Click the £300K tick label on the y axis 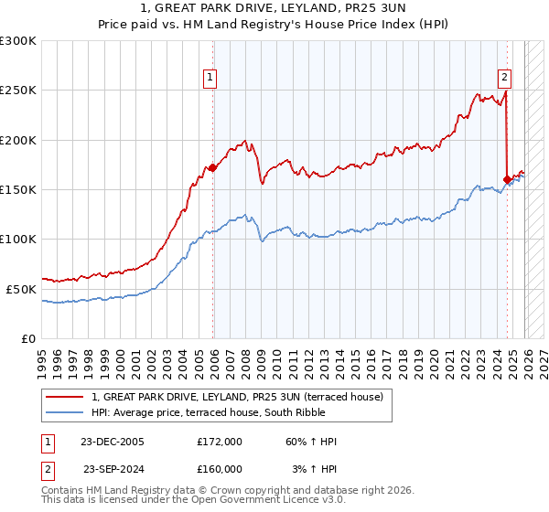tap(18, 41)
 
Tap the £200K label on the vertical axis tap(18, 140)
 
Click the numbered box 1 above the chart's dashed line tap(210, 78)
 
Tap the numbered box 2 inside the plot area tap(504, 78)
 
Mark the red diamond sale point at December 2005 tap(213, 168)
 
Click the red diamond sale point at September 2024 tap(507, 179)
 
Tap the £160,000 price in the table tap(219, 468)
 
